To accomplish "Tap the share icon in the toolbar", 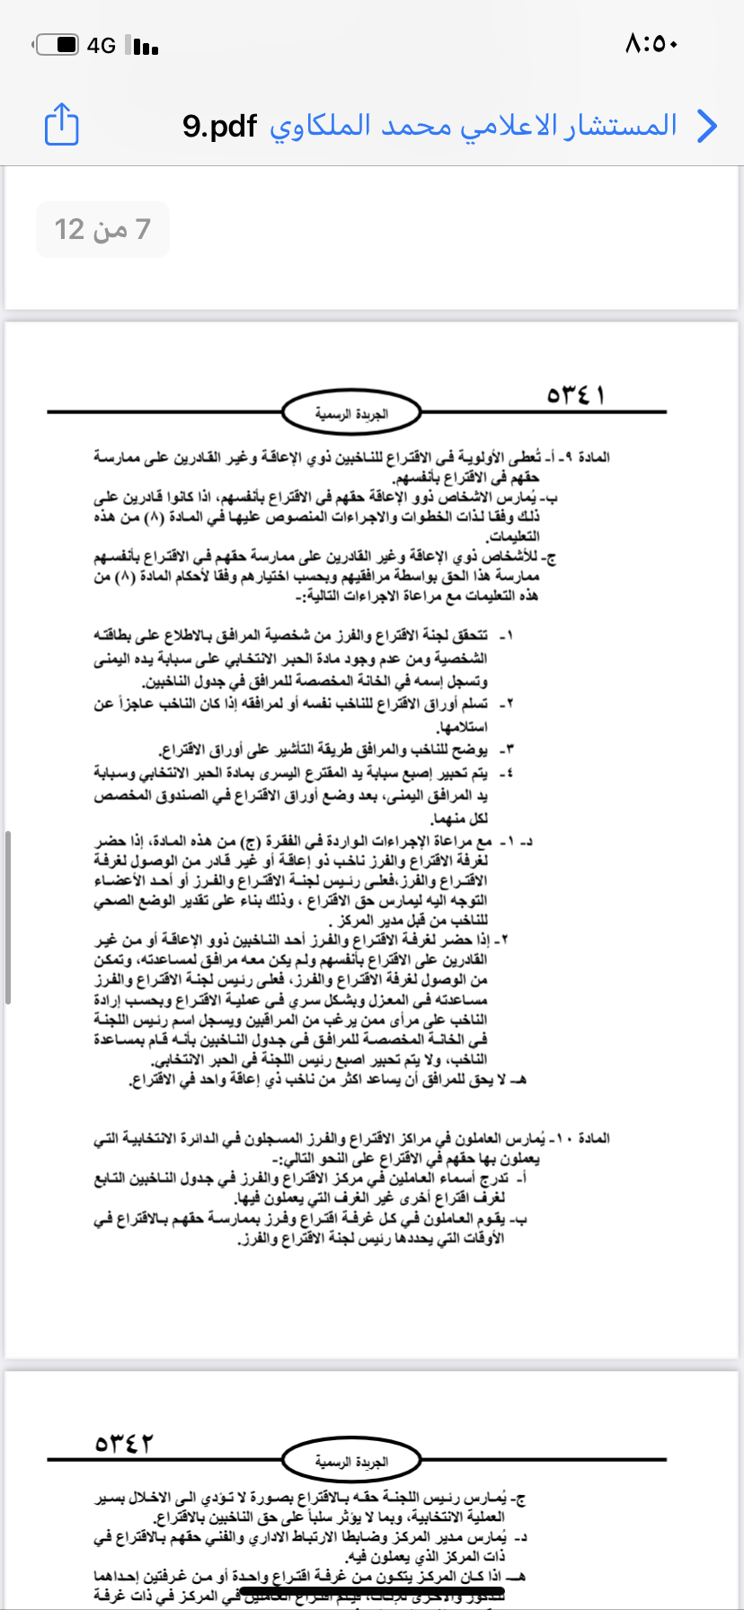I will click(61, 124).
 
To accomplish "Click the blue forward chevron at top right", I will click(708, 126).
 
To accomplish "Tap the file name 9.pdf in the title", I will click(219, 126).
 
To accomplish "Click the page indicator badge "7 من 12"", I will click(102, 229).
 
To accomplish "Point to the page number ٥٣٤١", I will click(576, 395).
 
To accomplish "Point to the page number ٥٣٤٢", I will click(124, 1443).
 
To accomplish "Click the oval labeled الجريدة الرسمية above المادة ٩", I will click(351, 413).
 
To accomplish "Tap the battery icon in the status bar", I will click(58, 44).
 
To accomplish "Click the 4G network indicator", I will click(102, 45).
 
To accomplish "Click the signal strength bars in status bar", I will click(143, 45).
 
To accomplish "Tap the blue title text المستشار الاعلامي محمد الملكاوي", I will click(473, 126).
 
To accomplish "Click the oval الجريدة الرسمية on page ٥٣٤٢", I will click(351, 1462).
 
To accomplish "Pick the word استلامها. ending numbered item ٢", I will click(462, 726).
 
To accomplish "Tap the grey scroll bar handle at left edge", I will click(8, 916).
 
